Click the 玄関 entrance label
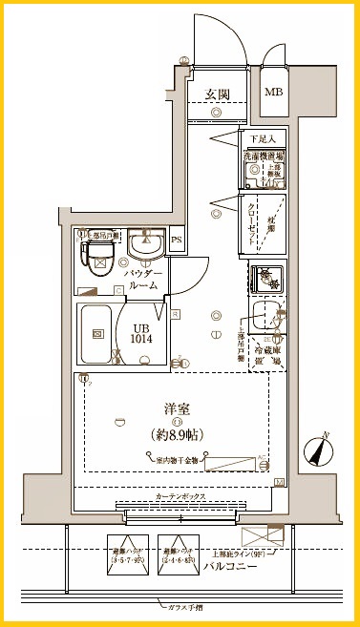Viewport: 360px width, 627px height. (217, 94)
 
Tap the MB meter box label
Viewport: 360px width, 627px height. (274, 93)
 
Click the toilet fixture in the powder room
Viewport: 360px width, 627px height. (98, 256)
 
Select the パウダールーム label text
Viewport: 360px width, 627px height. (144, 279)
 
